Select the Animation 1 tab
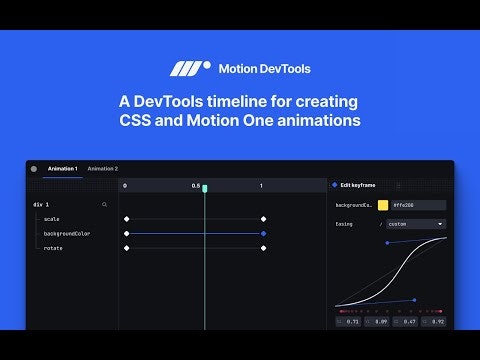pyautogui.click(x=62, y=169)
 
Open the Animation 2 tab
pyautogui.click(x=102, y=169)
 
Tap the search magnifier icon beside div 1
pyautogui.click(x=104, y=204)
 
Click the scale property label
pyautogui.click(x=52, y=218)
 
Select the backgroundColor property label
pyautogui.click(x=66, y=233)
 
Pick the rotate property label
pyautogui.click(x=53, y=248)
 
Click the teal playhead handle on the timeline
pyautogui.click(x=205, y=188)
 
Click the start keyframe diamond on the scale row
pyautogui.click(x=126, y=218)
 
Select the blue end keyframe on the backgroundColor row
pyautogui.click(x=263, y=233)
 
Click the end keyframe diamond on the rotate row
pyautogui.click(x=263, y=248)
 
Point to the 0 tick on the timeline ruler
pyautogui.click(x=125, y=186)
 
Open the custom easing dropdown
pyautogui.click(x=415, y=224)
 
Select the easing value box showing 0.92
pyautogui.click(x=435, y=322)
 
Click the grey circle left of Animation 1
pyautogui.click(x=34, y=169)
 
